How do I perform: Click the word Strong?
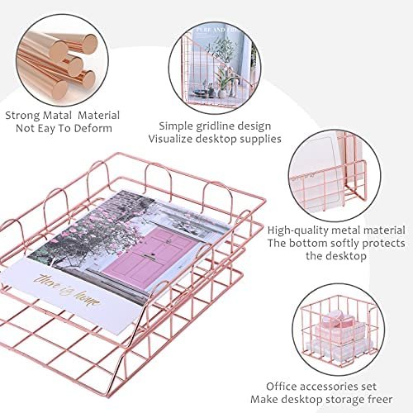point(24,116)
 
